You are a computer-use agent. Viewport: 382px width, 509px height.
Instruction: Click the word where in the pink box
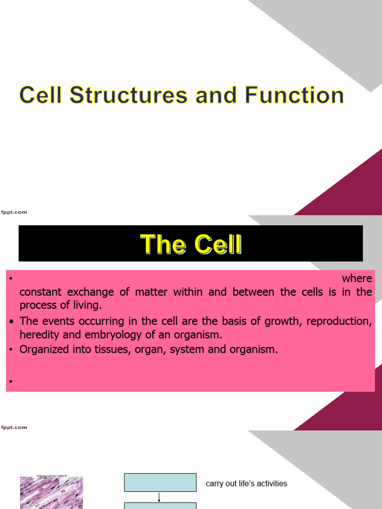(x=357, y=278)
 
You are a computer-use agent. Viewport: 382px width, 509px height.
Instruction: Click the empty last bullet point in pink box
(x=10, y=382)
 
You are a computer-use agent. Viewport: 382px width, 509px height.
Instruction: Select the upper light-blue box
(x=160, y=482)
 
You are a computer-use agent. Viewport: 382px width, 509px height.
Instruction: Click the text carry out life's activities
(x=246, y=484)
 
